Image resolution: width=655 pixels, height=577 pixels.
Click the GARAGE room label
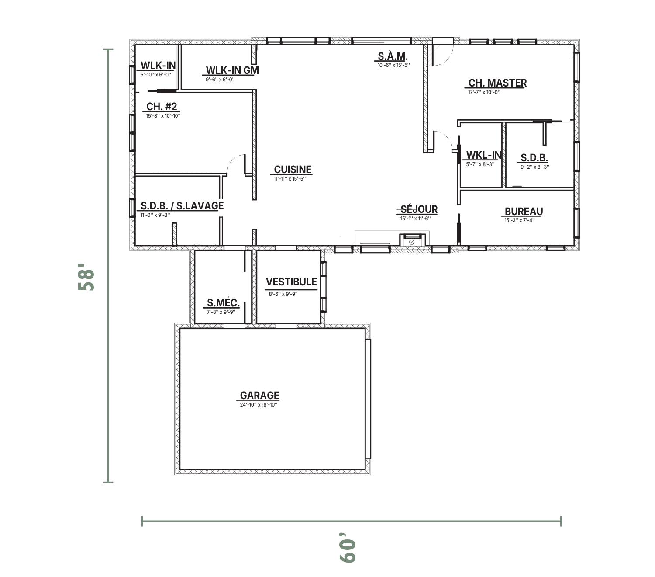point(260,395)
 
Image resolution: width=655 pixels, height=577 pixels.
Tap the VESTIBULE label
point(291,282)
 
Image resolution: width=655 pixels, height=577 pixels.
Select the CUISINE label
point(293,169)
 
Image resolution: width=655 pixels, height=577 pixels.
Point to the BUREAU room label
point(524,211)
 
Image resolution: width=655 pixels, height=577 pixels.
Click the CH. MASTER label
point(497,83)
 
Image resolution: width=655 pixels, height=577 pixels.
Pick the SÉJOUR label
point(419,209)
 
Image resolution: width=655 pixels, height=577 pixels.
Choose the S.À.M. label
point(393,56)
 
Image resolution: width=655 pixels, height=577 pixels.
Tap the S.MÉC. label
point(223,303)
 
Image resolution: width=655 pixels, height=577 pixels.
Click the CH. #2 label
point(162,107)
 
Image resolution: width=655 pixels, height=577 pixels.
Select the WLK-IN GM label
point(232,70)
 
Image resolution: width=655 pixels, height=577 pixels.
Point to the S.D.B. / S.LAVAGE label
point(182,206)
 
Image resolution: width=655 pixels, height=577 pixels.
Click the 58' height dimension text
point(86,277)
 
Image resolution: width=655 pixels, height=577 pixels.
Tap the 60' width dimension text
point(348,551)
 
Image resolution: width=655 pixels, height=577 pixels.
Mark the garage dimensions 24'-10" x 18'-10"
point(259,405)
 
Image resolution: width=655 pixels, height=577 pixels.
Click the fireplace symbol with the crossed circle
point(411,242)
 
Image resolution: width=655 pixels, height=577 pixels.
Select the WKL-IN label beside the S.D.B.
point(484,155)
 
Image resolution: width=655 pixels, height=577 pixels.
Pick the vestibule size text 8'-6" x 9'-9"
point(283,294)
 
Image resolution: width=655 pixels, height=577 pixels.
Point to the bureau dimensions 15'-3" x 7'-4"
point(520,220)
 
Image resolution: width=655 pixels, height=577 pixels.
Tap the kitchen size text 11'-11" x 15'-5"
point(290,179)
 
